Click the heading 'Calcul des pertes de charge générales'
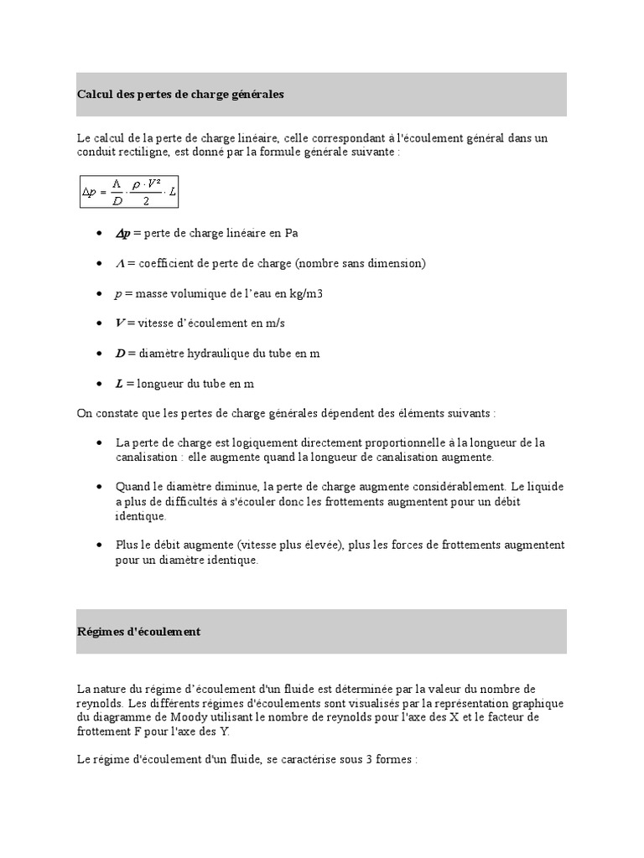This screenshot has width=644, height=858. click(180, 95)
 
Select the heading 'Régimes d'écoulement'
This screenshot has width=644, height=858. click(138, 632)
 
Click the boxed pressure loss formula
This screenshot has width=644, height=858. click(129, 192)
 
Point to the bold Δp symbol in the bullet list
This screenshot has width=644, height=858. click(122, 233)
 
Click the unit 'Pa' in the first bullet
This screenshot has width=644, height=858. click(291, 233)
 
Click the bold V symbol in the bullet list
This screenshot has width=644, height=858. click(120, 323)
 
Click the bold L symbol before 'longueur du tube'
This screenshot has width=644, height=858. click(119, 384)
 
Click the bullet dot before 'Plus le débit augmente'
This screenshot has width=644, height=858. click(99, 545)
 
